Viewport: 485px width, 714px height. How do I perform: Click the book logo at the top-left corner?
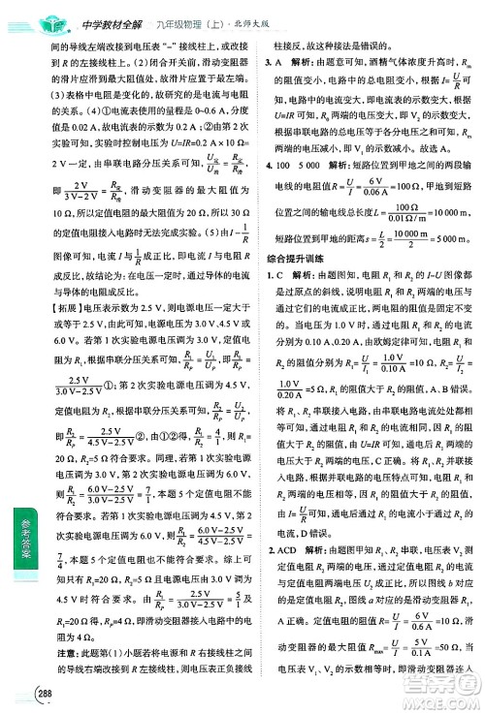[23, 12]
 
